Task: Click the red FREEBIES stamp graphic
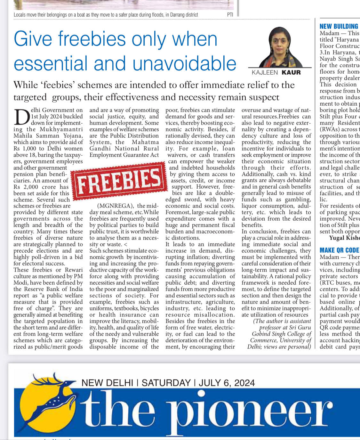pyautogui.click(x=118, y=181)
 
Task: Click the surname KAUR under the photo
pyautogui.click(x=291, y=72)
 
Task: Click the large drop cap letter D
pyautogui.click(x=21, y=118)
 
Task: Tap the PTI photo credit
pyautogui.click(x=230, y=14)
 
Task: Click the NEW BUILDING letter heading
pyautogui.click(x=339, y=26)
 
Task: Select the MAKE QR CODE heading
pyautogui.click(x=339, y=250)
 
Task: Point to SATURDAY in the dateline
pyautogui.click(x=166, y=383)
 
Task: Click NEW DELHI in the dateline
pyautogui.click(x=107, y=383)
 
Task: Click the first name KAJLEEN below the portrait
pyautogui.click(x=265, y=72)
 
